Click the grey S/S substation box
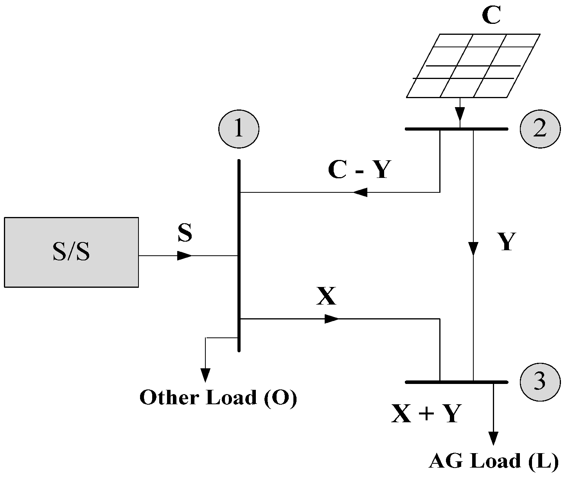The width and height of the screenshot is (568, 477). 71,252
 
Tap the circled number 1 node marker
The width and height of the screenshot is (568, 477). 239,129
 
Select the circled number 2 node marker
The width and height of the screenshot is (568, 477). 540,129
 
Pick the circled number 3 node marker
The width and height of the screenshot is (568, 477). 540,382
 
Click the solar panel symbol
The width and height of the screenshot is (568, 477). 473,66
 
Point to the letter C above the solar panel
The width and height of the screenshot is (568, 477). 491,16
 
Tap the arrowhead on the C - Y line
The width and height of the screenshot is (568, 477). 360,192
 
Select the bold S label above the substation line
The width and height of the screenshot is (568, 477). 185,233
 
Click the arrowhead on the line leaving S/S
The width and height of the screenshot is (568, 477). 185,256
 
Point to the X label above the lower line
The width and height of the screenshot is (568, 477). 326,297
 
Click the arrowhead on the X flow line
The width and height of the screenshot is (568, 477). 332,319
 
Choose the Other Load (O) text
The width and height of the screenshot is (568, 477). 218,398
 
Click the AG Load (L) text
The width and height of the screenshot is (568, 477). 494,461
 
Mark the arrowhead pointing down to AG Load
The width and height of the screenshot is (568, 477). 493,438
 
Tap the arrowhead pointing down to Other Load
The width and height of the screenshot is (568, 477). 205,375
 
